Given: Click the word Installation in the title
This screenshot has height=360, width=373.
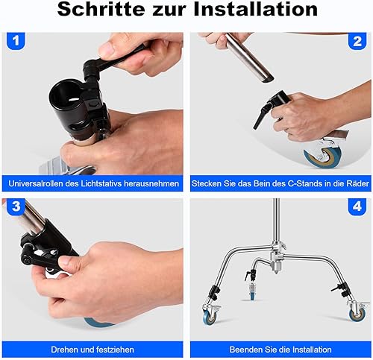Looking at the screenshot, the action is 255,10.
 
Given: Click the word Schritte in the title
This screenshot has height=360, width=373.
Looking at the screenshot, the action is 101,10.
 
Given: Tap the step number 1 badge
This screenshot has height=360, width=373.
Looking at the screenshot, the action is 16,41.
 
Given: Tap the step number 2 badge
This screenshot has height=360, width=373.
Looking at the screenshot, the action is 357,41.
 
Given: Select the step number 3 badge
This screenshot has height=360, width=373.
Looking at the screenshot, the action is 16,206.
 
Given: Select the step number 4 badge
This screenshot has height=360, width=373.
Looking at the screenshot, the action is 357,206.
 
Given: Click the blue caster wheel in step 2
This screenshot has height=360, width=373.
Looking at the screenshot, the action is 323,156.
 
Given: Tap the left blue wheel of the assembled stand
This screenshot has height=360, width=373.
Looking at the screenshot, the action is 210,317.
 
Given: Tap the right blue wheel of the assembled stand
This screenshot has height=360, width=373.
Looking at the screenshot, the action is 357,315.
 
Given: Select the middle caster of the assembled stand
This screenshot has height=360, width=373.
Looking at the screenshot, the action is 252,291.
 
